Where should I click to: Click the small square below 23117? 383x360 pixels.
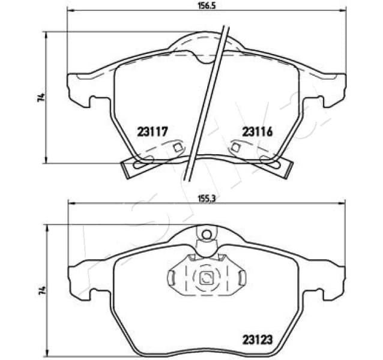tap(176, 148)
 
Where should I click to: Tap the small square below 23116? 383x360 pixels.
tap(236, 148)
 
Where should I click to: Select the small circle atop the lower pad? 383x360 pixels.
tap(206, 233)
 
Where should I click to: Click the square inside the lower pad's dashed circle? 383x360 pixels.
tap(206, 277)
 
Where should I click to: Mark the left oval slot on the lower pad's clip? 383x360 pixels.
tap(171, 277)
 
